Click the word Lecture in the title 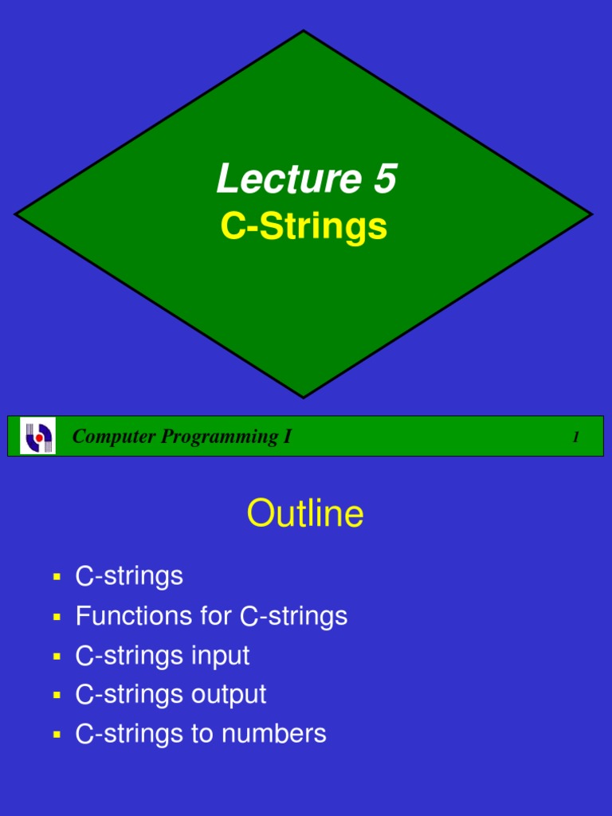[278, 178]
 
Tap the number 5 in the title [383, 178]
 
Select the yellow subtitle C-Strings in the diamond [304, 226]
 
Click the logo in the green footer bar [37, 436]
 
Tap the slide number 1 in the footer [575, 437]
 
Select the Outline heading [305, 514]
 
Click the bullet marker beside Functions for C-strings [57, 616]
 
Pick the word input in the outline [221, 656]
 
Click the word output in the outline [229, 695]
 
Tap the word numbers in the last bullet [277, 734]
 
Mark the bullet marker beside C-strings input [57, 656]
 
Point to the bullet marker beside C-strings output [57, 695]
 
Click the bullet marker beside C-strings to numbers [57, 734]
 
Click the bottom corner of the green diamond [304, 395]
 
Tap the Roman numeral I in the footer [288, 437]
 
